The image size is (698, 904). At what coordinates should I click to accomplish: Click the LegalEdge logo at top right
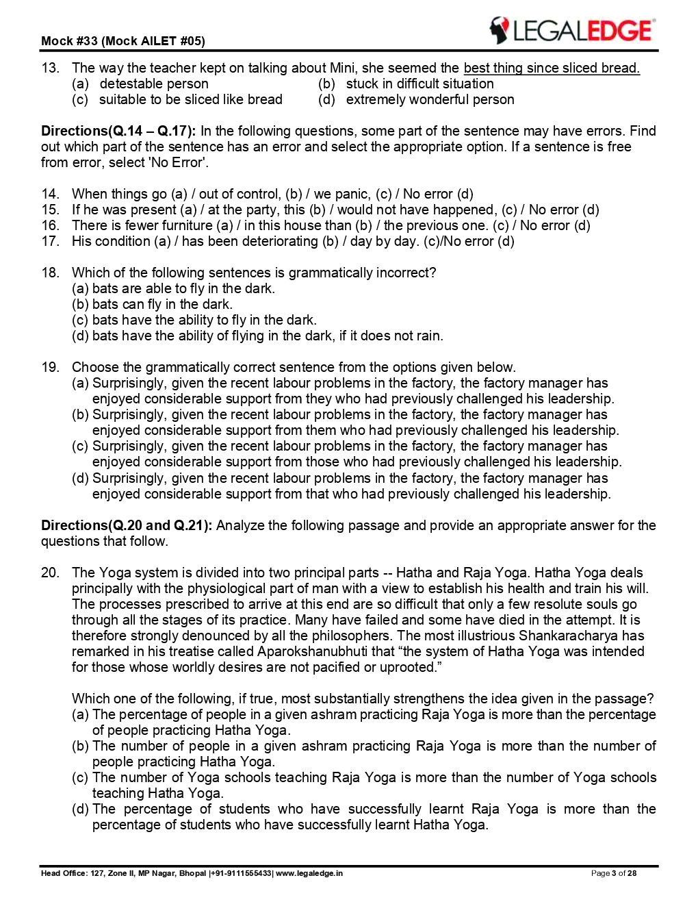pyautogui.click(x=571, y=31)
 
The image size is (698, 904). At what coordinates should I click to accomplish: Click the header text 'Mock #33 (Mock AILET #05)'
pyautogui.click(x=122, y=41)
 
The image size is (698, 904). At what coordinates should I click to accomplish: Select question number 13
pyautogui.click(x=50, y=68)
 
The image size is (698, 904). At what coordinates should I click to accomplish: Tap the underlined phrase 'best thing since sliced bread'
pyautogui.click(x=551, y=68)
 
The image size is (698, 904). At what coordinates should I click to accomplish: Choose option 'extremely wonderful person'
pyautogui.click(x=430, y=99)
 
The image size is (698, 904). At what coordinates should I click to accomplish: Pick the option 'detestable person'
pyautogui.click(x=153, y=84)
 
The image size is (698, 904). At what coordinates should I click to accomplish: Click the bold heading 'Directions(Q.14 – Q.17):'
pyautogui.click(x=118, y=131)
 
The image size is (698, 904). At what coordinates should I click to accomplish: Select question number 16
pyautogui.click(x=50, y=225)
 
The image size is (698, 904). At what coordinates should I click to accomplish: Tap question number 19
pyautogui.click(x=50, y=367)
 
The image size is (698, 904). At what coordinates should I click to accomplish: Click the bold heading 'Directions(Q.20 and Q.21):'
pyautogui.click(x=127, y=525)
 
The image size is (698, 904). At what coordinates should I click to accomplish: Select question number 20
pyautogui.click(x=50, y=573)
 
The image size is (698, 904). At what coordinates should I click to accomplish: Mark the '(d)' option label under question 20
pyautogui.click(x=80, y=809)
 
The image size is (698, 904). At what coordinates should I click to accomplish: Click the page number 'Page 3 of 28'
pyautogui.click(x=614, y=873)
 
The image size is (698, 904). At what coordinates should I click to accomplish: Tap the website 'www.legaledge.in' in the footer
pyautogui.click(x=309, y=873)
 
